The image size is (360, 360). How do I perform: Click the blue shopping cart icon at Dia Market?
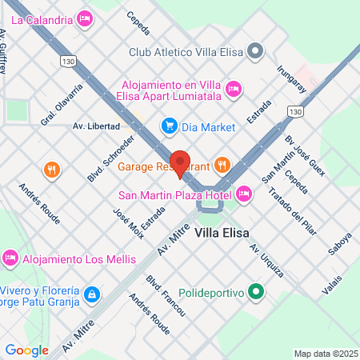point(169,126)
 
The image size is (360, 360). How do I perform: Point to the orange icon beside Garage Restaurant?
point(222,166)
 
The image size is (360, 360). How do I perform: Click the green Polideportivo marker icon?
point(255,293)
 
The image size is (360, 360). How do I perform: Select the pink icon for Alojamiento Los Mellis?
point(10,258)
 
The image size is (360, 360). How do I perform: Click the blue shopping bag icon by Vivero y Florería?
point(93,295)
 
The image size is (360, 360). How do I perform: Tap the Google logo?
point(26,350)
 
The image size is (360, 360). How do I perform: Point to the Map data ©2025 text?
point(325,354)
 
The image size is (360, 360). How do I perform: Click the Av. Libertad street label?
point(96,126)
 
